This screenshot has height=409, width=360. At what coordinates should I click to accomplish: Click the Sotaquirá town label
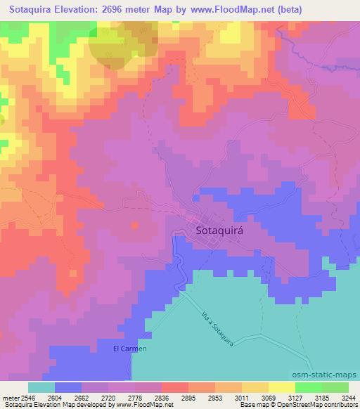click(214, 230)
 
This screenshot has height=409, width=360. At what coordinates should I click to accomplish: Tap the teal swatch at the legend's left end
click(41, 387)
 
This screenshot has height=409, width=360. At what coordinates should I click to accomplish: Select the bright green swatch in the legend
click(308, 387)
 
